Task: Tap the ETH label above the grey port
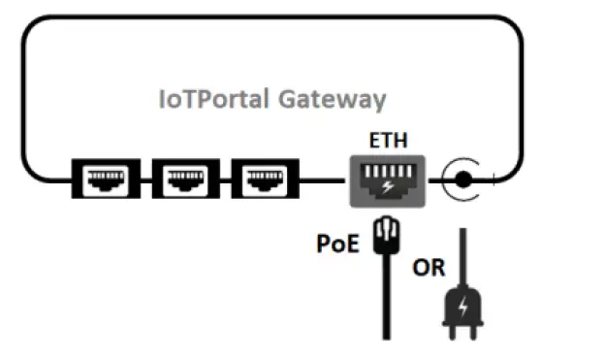click(388, 141)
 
